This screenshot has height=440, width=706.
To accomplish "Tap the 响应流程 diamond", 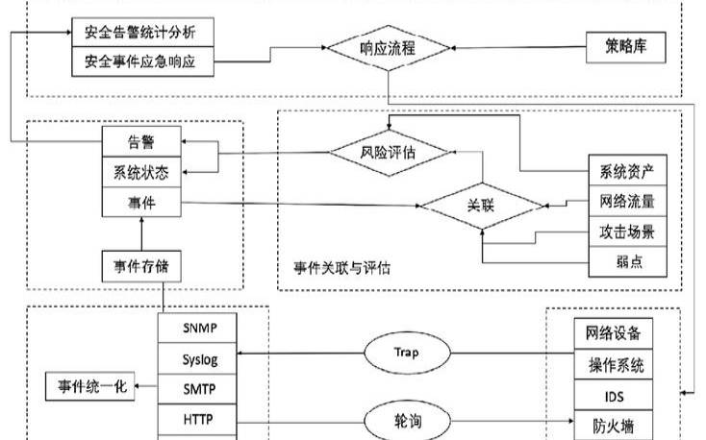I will tap(388, 47).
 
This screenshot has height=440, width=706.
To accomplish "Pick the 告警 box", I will tap(141, 143).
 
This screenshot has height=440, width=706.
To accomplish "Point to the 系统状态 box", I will tap(141, 173).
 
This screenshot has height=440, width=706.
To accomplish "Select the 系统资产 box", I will tap(626, 173).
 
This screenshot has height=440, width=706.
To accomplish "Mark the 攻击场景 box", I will tap(626, 232).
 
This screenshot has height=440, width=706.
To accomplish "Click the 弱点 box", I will tap(626, 261).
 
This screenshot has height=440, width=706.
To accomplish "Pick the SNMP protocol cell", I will tap(199, 328).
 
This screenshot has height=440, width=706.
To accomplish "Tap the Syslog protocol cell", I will tap(199, 359).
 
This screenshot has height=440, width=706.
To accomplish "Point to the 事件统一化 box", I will tap(91, 389).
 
